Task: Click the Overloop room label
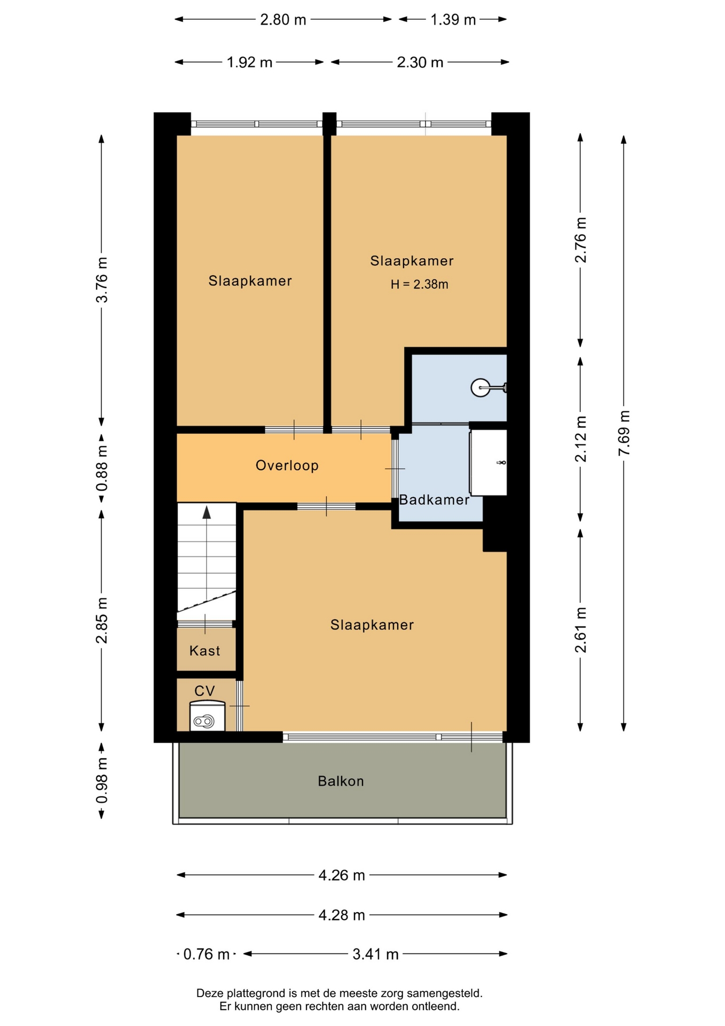point(287,465)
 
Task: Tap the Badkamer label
point(434,500)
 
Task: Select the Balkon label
point(341,781)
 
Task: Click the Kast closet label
point(204,651)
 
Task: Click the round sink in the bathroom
point(480,387)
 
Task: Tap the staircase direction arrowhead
point(207,512)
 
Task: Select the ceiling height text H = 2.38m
point(419,284)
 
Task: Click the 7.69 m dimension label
point(624,433)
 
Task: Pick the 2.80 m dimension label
point(283,20)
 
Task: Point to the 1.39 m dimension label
point(453,20)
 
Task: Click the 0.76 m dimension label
point(206,954)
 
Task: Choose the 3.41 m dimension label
point(375,954)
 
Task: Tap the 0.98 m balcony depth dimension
point(101,780)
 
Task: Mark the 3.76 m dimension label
point(101,279)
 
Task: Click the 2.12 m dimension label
point(580,439)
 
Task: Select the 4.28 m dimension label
point(342,915)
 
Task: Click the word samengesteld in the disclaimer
point(445,993)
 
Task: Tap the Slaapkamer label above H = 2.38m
point(412,261)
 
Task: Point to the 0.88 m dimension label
point(101,468)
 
